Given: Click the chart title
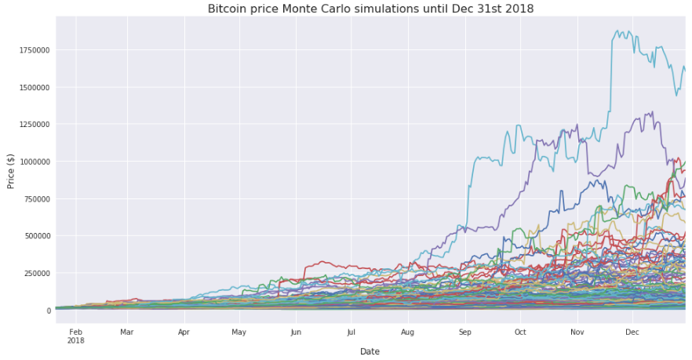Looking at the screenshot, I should [370, 9].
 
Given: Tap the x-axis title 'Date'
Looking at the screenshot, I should [370, 351].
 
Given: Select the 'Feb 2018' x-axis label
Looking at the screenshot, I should [75, 336].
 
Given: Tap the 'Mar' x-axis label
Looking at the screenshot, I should [127, 332].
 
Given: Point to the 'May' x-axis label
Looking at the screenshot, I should [239, 332].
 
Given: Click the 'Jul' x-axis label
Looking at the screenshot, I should [351, 332].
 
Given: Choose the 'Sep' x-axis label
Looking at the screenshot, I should [464, 332].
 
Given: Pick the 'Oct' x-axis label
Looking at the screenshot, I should [520, 332].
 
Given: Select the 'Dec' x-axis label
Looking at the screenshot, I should [632, 332].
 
